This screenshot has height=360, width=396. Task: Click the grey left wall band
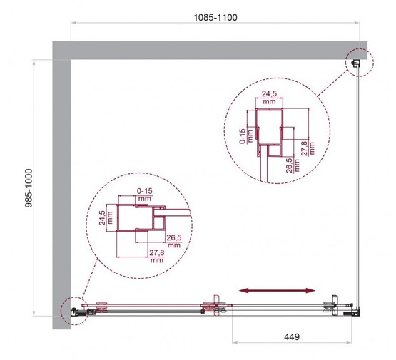click(x=62, y=185)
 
